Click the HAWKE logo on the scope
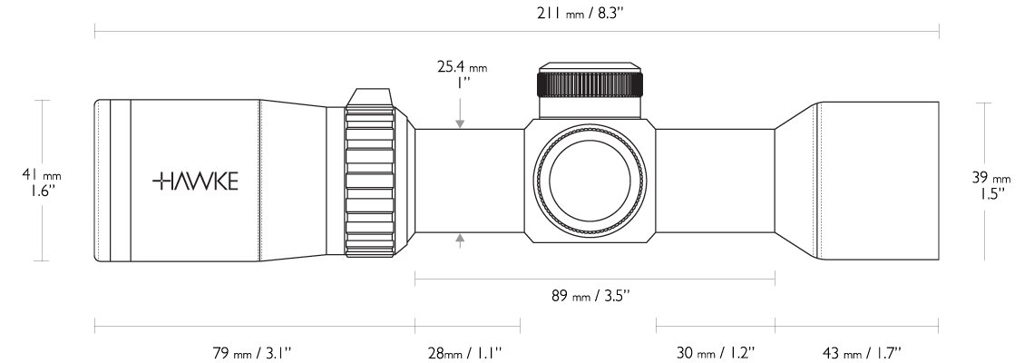click(195, 181)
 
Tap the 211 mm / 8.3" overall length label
click(580, 14)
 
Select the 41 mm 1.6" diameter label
click(42, 182)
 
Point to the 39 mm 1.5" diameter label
click(990, 185)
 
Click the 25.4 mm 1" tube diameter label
click(463, 74)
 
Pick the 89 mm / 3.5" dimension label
click(590, 296)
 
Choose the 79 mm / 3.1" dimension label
click(251, 353)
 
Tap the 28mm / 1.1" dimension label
click(465, 353)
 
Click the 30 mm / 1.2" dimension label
click(716, 353)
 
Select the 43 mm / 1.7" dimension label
click(862, 353)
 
